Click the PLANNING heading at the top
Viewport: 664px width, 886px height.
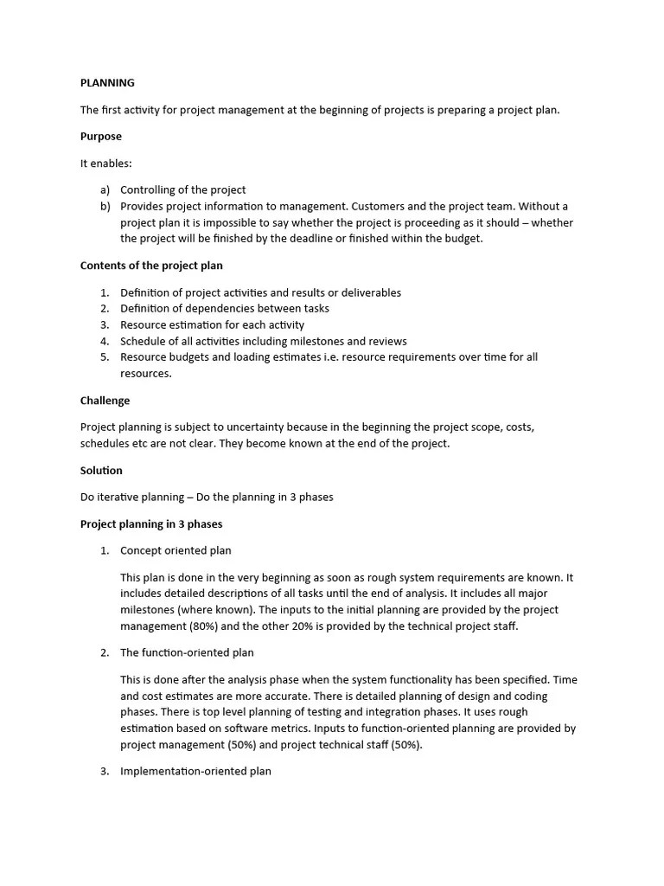pyautogui.click(x=107, y=83)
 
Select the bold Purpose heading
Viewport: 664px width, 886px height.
pyautogui.click(x=101, y=136)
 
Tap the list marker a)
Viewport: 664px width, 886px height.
pyautogui.click(x=105, y=189)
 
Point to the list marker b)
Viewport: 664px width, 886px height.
pyautogui.click(x=105, y=206)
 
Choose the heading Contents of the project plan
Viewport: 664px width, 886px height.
pyautogui.click(x=151, y=266)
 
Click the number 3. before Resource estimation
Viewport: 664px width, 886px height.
pyautogui.click(x=105, y=324)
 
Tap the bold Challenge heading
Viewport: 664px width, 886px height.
pyautogui.click(x=105, y=401)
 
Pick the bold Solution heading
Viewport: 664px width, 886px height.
pyautogui.click(x=101, y=471)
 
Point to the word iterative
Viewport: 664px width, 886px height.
pyautogui.click(x=119, y=498)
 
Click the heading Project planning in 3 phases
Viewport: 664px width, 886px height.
pyautogui.click(x=151, y=523)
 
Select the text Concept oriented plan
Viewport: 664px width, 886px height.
pyautogui.click(x=176, y=550)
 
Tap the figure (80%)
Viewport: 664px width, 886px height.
pyautogui.click(x=207, y=626)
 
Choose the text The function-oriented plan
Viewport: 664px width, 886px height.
pyautogui.click(x=187, y=652)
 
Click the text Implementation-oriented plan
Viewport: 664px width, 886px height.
pyautogui.click(x=195, y=771)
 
